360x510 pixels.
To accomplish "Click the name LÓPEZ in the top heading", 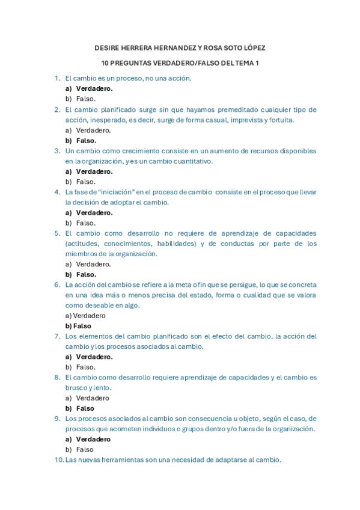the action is point(251,48).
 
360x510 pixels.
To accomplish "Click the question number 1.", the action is point(57,78).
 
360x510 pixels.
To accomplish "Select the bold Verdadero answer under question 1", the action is point(94,88).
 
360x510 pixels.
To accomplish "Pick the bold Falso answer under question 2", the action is point(86,141).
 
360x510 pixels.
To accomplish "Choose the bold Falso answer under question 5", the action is point(86,274).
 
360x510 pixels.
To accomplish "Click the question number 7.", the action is point(57,336).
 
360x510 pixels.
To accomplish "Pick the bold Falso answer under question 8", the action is point(85,408).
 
